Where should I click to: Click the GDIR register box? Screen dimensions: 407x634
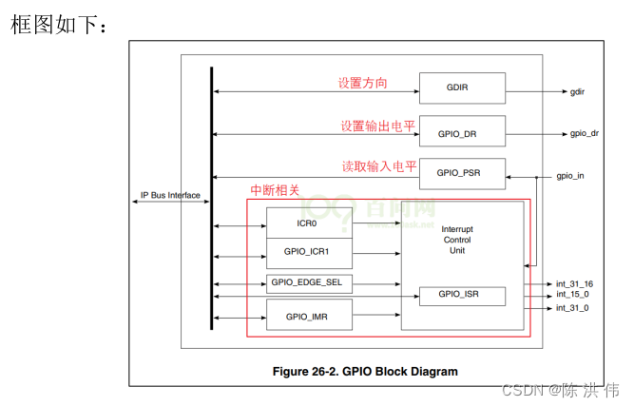462,87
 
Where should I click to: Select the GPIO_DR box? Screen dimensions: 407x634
462,133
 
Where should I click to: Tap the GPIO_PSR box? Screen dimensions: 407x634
462,173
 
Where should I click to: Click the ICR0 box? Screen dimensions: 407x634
306,225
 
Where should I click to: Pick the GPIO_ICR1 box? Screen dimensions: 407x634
306,253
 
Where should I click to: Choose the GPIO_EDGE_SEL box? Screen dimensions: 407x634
306,282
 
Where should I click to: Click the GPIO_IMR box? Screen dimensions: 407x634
306,315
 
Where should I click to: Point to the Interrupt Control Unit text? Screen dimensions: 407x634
458,240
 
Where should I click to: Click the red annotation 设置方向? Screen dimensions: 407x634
362,83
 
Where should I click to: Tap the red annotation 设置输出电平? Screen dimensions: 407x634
377,126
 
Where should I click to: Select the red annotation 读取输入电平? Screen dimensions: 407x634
379,166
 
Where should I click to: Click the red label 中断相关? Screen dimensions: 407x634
274,190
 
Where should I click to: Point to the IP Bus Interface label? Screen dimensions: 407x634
170,196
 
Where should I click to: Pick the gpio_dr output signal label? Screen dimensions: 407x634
584,133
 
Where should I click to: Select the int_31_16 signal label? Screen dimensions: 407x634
574,284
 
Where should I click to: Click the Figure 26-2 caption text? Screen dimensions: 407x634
365,371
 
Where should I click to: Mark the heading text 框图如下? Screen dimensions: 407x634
57,25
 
